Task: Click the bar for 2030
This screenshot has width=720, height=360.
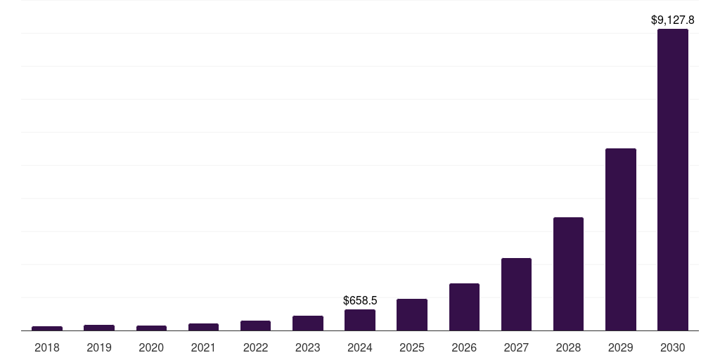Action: click(672, 179)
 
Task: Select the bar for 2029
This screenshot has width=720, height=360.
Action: click(620, 239)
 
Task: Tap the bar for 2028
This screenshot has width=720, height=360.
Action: click(568, 274)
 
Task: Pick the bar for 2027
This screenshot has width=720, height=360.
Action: click(516, 294)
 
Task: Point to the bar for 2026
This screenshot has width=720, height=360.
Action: click(464, 307)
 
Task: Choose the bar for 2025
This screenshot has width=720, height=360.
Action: click(412, 314)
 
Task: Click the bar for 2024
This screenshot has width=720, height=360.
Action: click(360, 320)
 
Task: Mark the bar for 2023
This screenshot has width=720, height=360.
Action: click(308, 323)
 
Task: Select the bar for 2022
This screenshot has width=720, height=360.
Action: click(255, 326)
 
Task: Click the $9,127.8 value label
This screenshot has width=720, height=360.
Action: click(672, 20)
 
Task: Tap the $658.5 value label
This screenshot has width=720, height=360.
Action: click(360, 300)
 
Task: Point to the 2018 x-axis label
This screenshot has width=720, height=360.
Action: click(47, 347)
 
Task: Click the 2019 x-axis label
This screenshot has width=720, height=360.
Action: click(99, 347)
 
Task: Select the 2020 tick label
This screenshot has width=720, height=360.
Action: click(151, 347)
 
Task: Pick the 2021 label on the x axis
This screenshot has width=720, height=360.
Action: click(203, 347)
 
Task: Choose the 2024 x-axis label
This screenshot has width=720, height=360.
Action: click(360, 347)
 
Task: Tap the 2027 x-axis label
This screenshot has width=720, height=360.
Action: click(516, 347)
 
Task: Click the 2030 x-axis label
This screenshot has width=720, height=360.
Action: click(672, 347)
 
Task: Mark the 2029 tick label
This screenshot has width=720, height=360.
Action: click(620, 347)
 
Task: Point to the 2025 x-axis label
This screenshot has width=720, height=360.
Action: click(412, 347)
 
